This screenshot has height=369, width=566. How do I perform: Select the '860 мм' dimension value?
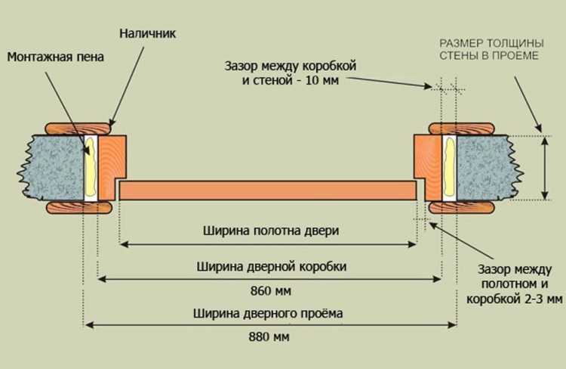point(270,290)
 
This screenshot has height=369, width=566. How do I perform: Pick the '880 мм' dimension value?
point(270,336)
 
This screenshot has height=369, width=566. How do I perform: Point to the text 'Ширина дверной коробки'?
point(270,267)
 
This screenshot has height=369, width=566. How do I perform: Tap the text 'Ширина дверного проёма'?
point(270,312)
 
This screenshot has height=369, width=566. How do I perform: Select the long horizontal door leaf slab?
point(268,190)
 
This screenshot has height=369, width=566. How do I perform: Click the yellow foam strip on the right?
point(447,167)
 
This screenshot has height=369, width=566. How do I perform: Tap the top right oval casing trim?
point(462,127)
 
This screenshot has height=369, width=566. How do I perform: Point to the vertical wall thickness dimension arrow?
point(544,167)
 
